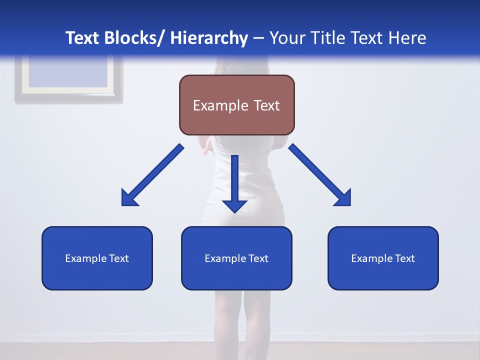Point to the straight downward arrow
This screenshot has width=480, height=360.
click(x=234, y=182)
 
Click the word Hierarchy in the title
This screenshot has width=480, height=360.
click(x=209, y=38)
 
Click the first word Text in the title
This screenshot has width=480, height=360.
click(x=82, y=38)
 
